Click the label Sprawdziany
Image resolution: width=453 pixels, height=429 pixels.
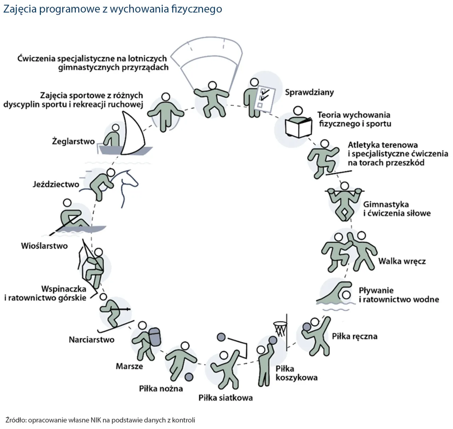tap(309, 92)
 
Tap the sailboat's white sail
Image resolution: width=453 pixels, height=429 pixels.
tap(134, 135)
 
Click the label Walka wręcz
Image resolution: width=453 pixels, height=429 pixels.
tap(402, 262)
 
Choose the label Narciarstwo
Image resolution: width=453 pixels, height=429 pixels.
tap(92, 340)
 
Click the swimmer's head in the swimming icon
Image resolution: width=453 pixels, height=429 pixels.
tap(346, 294)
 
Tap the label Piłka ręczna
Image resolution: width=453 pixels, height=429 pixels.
tap(355, 336)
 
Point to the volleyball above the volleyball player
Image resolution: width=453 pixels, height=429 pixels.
tap(221, 337)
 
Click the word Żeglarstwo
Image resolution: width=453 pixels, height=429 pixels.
tap(74, 142)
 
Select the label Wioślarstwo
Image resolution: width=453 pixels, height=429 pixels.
tap(44, 246)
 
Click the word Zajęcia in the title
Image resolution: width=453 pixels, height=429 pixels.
tap(20, 9)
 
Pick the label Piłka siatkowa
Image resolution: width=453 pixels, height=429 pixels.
tap(225, 398)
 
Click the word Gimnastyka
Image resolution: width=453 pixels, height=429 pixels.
tap(386, 204)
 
